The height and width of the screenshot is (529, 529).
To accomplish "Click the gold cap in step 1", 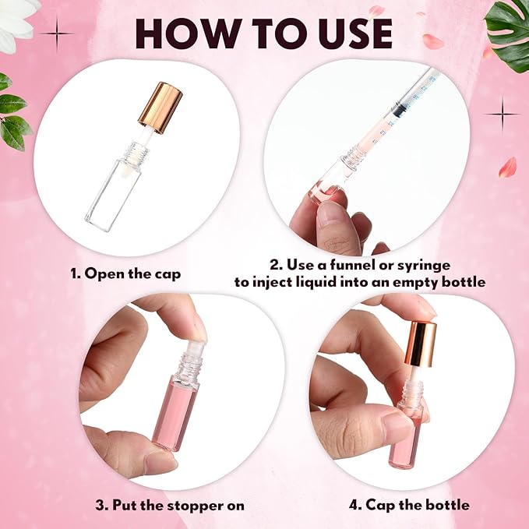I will click(161, 105).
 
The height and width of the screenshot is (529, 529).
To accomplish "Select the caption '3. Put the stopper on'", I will click(170, 505).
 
